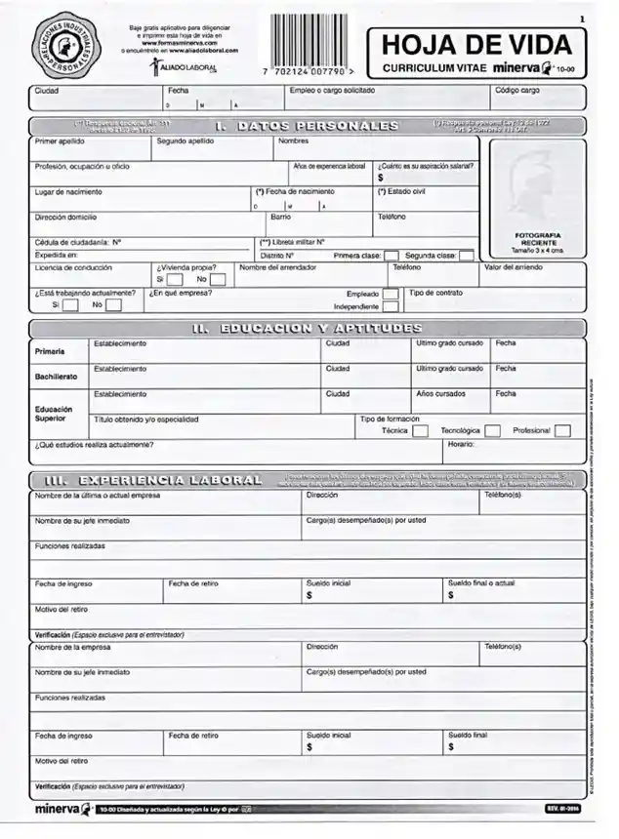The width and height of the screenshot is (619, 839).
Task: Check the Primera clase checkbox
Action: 391,256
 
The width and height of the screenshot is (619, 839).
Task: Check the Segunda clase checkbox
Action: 467,256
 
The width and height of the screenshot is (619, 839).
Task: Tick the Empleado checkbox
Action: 391,294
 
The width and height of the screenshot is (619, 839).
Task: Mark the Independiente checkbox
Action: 391,306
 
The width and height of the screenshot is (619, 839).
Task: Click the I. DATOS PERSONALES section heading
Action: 306,126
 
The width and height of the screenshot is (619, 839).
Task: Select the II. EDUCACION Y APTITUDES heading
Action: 308,329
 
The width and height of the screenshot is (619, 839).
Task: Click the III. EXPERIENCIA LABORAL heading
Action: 153,480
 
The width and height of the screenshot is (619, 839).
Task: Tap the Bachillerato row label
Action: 57,376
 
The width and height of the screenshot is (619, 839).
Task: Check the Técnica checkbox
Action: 420,430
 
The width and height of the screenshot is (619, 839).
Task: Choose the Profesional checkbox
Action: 562,430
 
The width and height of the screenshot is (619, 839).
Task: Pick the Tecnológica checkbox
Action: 493,430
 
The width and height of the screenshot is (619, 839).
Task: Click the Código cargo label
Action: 517,91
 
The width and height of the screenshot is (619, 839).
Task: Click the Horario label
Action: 461,445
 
